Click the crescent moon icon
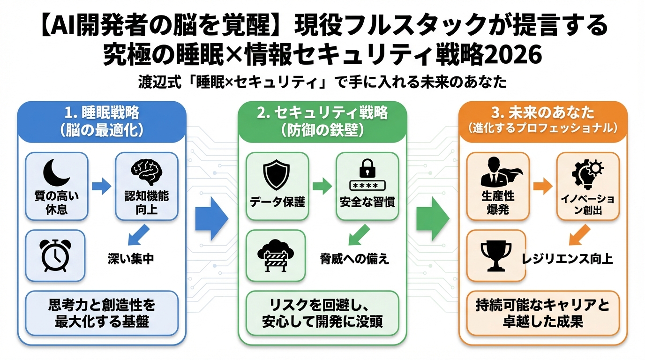56,172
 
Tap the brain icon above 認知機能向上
146,171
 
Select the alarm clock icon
55,255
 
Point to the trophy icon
496,256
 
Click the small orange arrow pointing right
543,186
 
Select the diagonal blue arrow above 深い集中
139,234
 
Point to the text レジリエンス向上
567,259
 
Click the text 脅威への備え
354,259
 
